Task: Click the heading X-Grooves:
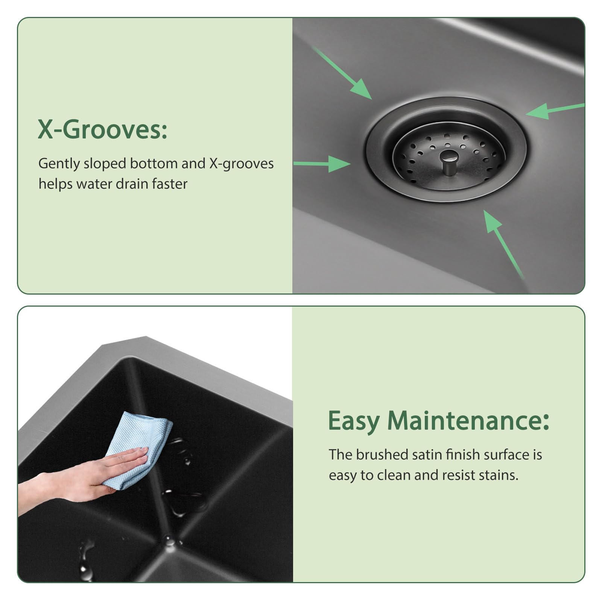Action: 102,130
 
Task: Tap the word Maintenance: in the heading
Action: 468,421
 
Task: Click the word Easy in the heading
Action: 354,421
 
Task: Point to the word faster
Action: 169,184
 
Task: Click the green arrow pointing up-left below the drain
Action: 502,243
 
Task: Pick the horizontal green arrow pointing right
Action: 322,164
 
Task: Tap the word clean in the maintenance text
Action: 394,475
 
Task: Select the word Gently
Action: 59,164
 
